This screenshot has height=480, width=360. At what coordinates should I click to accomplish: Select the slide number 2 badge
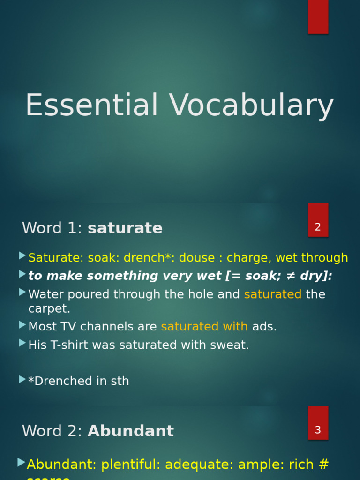[318, 227]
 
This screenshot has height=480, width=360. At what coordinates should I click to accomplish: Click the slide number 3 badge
[318, 430]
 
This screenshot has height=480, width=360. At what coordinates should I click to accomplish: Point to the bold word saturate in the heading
[125, 228]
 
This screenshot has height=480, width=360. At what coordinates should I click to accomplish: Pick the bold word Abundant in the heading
[131, 431]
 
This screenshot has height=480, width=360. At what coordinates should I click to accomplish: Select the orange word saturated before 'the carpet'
[273, 294]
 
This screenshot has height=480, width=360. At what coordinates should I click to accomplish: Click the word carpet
[49, 309]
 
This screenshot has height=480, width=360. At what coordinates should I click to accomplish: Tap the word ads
[264, 327]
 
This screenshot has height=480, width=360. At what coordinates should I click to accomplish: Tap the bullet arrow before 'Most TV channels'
[22, 325]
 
